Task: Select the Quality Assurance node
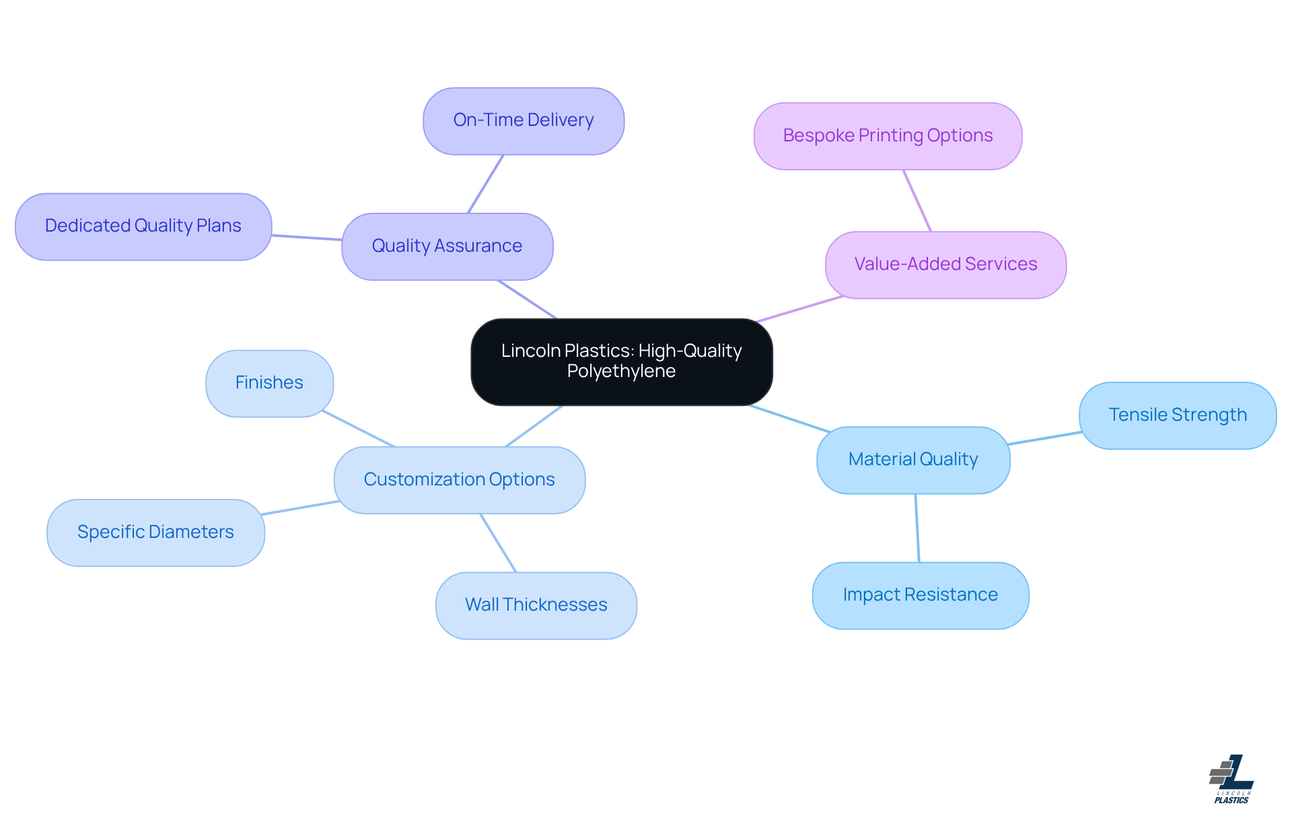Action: tap(447, 246)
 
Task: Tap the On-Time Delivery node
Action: tap(523, 121)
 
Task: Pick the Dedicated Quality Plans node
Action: tap(143, 226)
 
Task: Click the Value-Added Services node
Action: tap(945, 265)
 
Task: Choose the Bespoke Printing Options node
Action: tap(887, 136)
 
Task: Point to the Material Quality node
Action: tap(912, 460)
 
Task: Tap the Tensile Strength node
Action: tap(1177, 415)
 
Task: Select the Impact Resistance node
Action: tap(920, 595)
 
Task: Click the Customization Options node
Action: tap(459, 480)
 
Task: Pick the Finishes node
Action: tap(268, 383)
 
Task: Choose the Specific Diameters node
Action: tap(155, 533)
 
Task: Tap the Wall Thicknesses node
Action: tap(536, 605)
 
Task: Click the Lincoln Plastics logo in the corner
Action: tap(1231, 779)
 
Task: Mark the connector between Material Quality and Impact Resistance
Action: tap(917, 528)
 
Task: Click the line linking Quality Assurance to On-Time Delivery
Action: tap(486, 184)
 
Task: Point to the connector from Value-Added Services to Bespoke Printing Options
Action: tap(917, 201)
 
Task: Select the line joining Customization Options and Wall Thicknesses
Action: tap(498, 543)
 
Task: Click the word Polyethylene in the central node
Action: tap(621, 372)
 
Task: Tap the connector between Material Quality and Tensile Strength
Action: tap(1044, 438)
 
